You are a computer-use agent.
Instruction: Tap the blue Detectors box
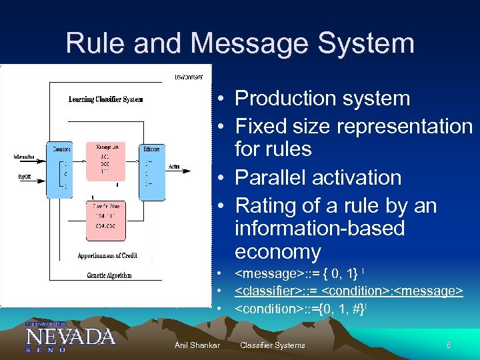pyautogui.click(x=59, y=169)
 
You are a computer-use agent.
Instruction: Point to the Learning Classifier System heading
pyautogui.click(x=105, y=100)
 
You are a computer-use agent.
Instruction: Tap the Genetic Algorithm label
pyautogui.click(x=109, y=275)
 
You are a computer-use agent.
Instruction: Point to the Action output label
pyautogui.click(x=174, y=167)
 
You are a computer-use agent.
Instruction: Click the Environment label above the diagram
pyautogui.click(x=189, y=77)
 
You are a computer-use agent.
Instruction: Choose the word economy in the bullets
pyautogui.click(x=277, y=252)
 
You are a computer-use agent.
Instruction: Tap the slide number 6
pyautogui.click(x=449, y=345)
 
